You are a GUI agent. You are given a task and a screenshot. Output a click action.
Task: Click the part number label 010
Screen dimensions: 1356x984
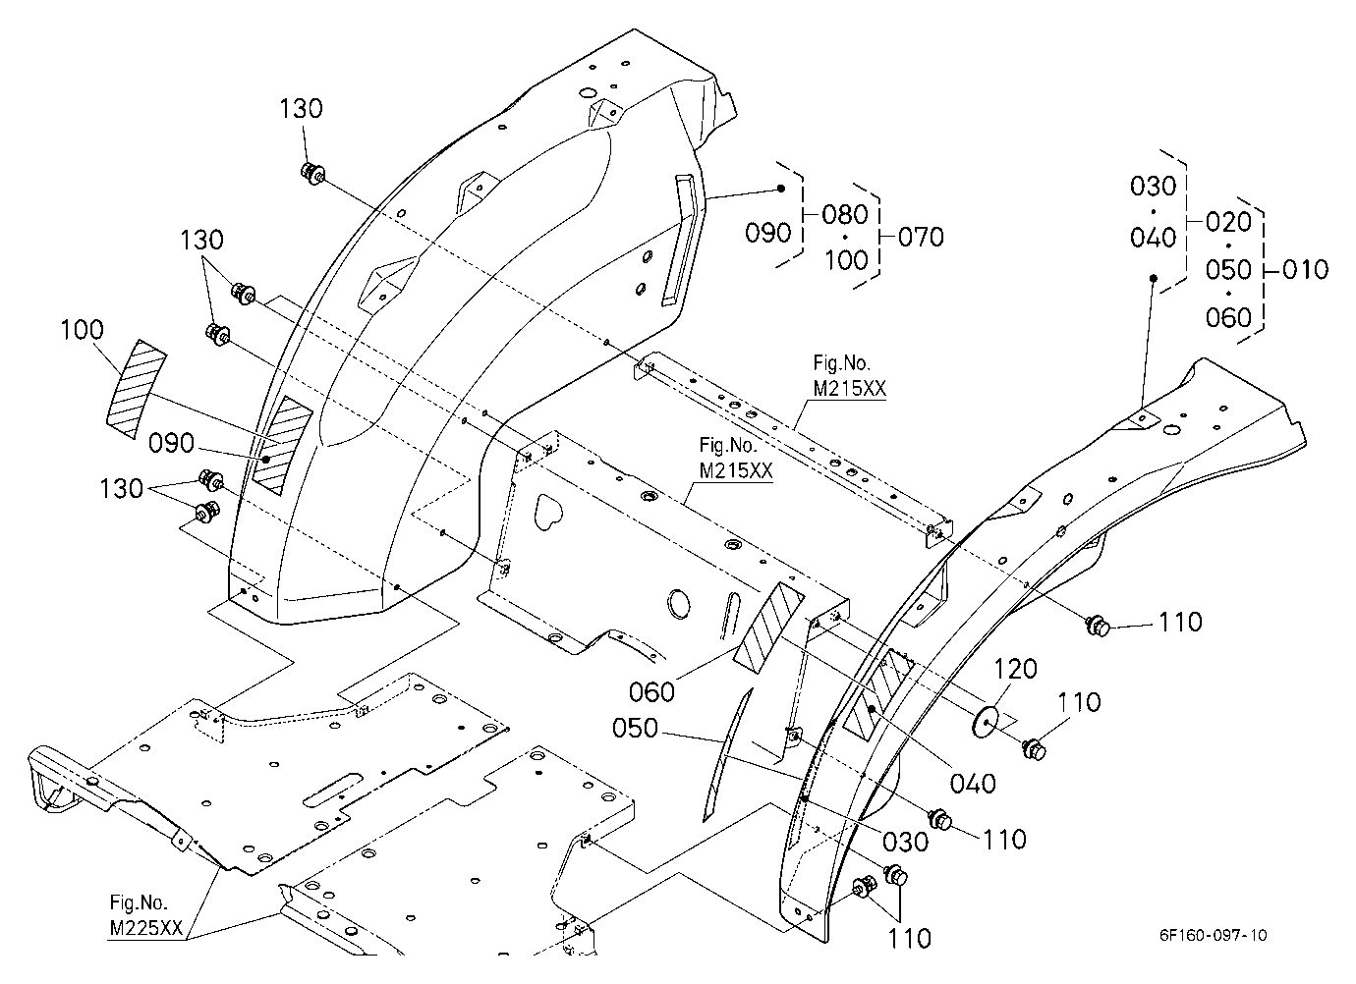[x=1305, y=269]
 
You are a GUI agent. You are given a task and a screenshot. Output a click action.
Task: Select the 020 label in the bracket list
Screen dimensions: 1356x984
[x=1228, y=222]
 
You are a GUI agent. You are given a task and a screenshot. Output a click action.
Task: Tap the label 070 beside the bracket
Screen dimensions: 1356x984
[x=921, y=237]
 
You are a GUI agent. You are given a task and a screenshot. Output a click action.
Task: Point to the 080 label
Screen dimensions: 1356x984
[x=845, y=214]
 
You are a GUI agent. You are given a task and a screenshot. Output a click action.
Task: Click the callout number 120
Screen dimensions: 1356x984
[x=1015, y=669]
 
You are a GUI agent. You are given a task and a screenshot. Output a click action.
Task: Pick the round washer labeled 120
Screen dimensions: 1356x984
[x=985, y=722]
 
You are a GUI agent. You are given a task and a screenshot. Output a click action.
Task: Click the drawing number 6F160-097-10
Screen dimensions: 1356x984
[x=1213, y=935]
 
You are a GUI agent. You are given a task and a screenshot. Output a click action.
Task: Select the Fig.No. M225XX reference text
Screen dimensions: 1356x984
[x=145, y=915]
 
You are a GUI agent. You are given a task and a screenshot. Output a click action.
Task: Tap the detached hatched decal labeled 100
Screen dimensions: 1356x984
[x=137, y=389]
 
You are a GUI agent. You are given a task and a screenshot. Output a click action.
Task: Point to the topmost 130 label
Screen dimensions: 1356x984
[x=301, y=109]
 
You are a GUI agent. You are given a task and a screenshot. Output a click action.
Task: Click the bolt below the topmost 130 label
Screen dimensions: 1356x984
[x=312, y=174]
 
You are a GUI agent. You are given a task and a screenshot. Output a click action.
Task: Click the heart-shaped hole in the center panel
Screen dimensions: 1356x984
[x=548, y=512]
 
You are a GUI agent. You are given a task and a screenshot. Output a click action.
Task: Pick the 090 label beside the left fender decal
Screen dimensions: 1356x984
[x=171, y=444]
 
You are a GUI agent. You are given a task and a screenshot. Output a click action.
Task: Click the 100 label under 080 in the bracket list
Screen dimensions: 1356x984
[x=846, y=260]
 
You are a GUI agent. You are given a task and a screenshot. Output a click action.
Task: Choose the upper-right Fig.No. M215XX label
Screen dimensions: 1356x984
[x=849, y=375]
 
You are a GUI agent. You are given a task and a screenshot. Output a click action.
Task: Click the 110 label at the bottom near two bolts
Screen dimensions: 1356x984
[x=909, y=939]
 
